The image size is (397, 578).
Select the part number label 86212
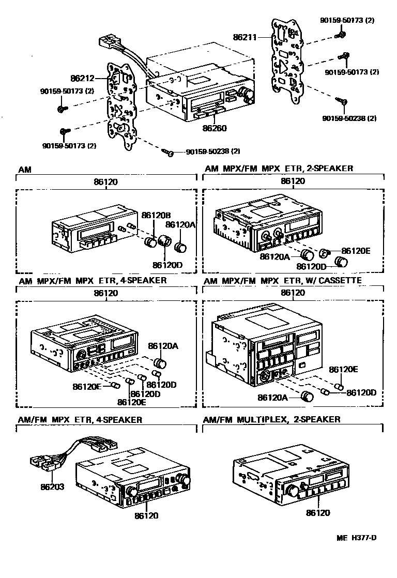click(83, 79)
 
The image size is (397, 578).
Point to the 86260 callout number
click(215, 128)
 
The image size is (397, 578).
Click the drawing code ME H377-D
click(357, 537)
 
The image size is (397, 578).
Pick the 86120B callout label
click(157, 215)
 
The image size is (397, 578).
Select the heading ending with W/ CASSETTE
click(283, 280)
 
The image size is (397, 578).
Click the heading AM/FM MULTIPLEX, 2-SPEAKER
click(272, 419)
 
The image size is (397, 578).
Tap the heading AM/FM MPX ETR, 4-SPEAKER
click(80, 419)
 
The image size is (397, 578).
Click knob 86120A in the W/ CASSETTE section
click(308, 397)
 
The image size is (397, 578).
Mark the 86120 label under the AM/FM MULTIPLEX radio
click(318, 513)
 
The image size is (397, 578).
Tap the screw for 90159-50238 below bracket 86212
click(167, 151)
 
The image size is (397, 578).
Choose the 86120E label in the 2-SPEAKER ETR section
click(356, 250)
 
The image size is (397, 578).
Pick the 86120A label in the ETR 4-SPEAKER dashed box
click(163, 345)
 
